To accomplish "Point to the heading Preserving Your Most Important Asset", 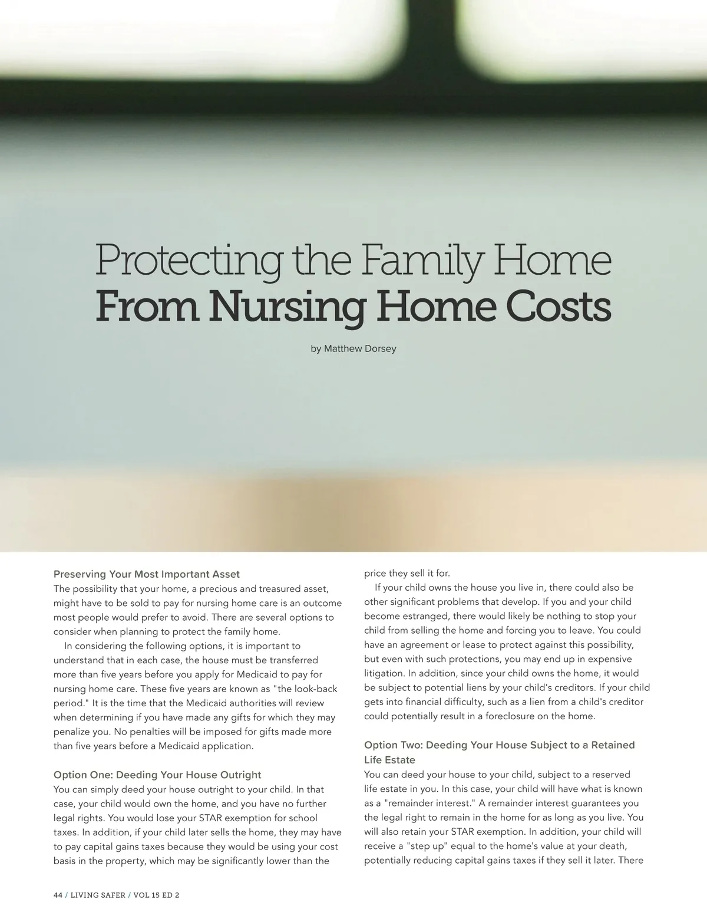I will coord(147,574).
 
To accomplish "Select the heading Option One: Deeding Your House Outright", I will coord(157,775).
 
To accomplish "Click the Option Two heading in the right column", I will coord(500,745).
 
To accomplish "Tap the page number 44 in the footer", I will coord(58,895).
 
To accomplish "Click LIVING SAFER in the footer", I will coord(98,895).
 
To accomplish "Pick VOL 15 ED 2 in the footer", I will coord(157,895).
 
